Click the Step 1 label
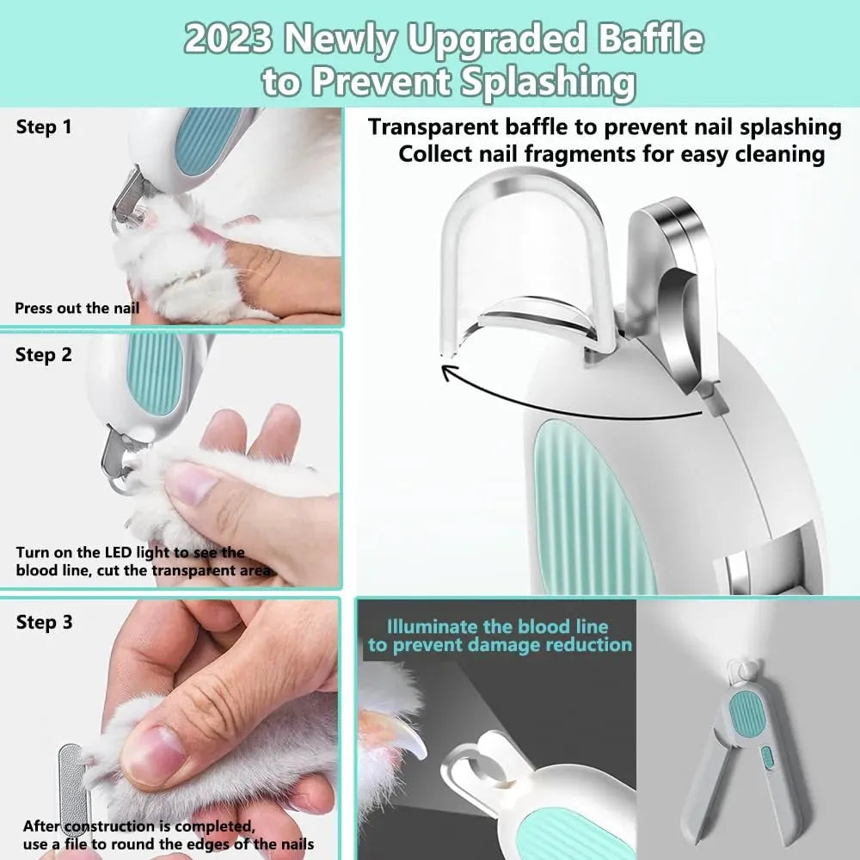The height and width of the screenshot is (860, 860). pos(44,127)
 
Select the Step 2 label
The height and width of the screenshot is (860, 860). pos(44,354)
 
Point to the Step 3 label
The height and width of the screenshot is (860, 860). pos(44,622)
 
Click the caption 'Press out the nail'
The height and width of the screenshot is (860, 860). pos(77,307)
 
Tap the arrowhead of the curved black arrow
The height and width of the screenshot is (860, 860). pos(447,372)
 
